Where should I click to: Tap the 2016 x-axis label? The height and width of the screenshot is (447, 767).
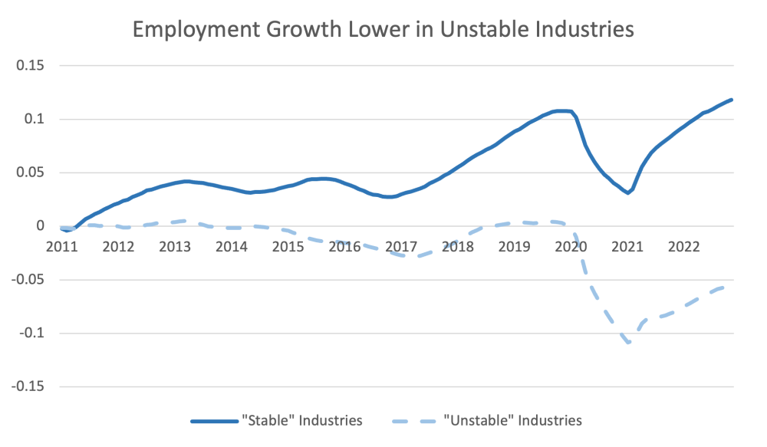click(344, 246)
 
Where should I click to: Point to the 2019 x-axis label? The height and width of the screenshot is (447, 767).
click(514, 246)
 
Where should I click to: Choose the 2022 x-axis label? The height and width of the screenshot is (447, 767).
click(683, 246)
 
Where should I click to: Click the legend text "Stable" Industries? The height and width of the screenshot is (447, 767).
click(301, 420)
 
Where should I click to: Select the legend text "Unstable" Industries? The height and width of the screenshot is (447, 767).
click(512, 420)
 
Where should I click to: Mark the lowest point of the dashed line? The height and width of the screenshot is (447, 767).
click(629, 342)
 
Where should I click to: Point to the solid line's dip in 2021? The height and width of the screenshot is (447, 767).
click(627, 192)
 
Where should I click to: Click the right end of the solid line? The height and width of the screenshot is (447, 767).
click(732, 100)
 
